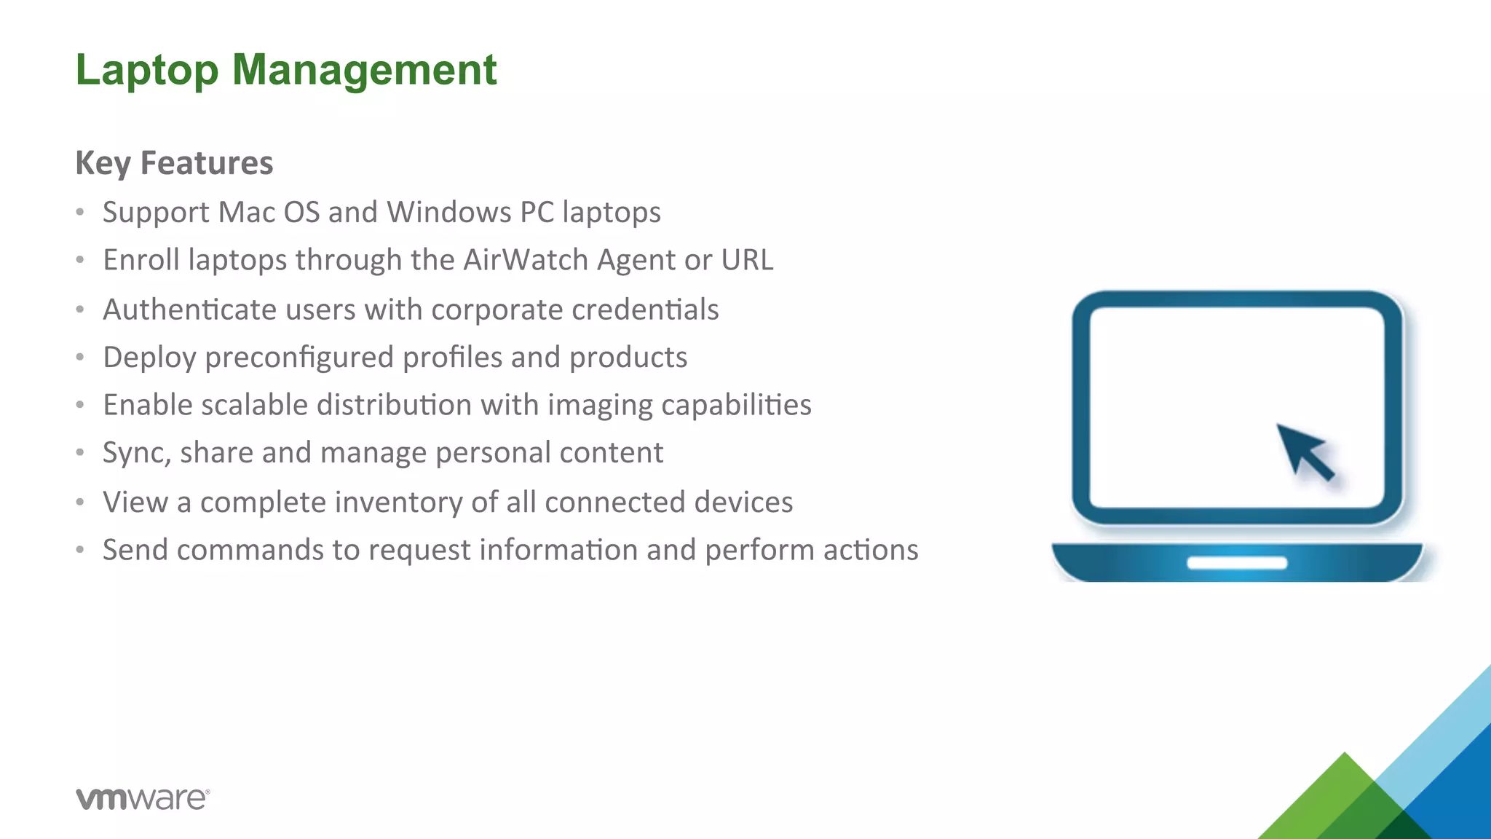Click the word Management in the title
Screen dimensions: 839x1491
point(364,71)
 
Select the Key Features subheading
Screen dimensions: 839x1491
point(174,162)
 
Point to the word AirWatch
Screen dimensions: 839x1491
point(526,260)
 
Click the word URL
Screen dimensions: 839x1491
point(747,260)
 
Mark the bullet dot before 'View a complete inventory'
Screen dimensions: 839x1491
point(80,502)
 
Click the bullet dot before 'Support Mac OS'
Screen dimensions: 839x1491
point(80,213)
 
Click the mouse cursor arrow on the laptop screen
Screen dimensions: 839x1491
point(1304,451)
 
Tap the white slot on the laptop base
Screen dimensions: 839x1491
point(1237,563)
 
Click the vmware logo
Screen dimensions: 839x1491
point(143,798)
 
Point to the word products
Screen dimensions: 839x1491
point(628,358)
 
